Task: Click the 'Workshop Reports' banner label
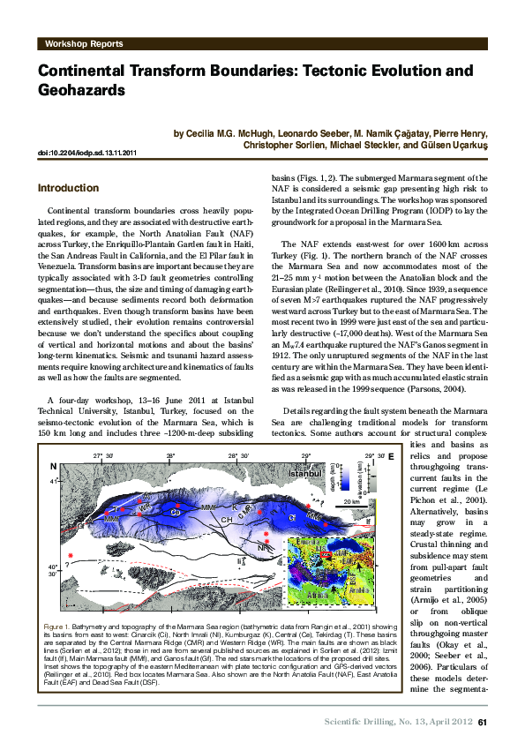(x=80, y=41)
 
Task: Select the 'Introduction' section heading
(x=68, y=188)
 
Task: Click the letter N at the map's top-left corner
(x=53, y=466)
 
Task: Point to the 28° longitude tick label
(x=170, y=455)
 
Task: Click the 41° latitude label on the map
(x=54, y=482)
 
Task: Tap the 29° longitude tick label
(x=306, y=455)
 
